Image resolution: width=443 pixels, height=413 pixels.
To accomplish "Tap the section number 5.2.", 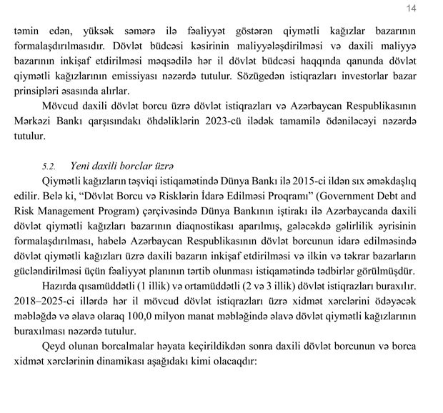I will point(49,166).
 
